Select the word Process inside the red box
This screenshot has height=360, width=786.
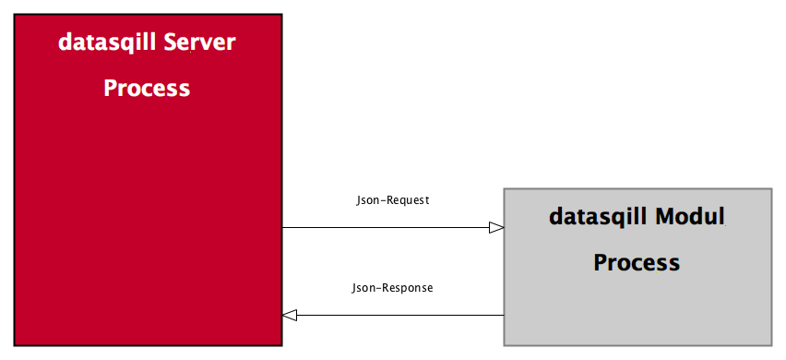[147, 89]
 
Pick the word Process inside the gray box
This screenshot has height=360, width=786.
[637, 262]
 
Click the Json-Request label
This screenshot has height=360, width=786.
[393, 199]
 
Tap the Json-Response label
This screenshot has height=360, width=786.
[392, 288]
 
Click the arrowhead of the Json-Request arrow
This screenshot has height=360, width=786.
[496, 227]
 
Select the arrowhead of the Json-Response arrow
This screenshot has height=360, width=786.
[290, 316]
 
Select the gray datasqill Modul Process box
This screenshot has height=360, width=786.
[637, 305]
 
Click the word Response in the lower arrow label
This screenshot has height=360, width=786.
[407, 288]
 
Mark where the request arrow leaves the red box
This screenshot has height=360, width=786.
[282, 227]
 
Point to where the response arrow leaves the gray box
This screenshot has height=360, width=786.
[504, 316]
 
